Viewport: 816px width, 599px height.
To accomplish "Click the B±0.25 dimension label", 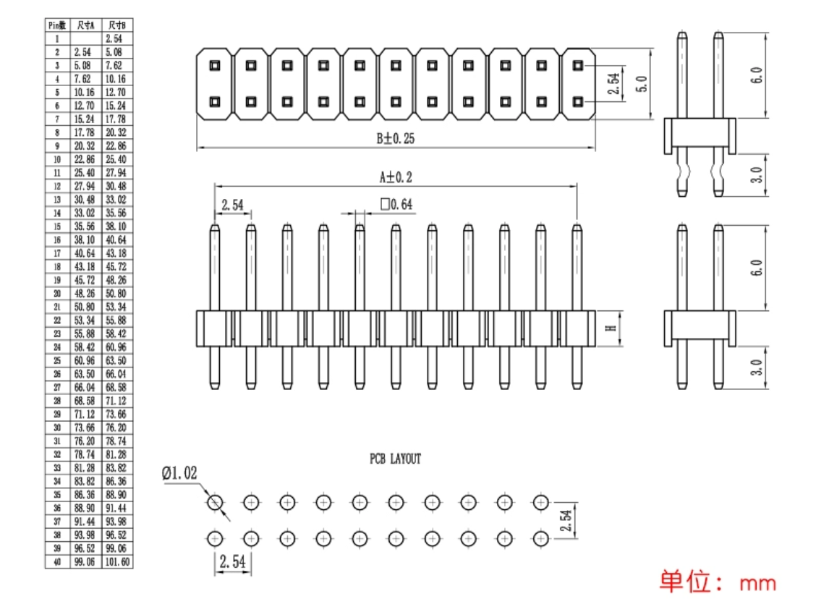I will pyautogui.click(x=394, y=139).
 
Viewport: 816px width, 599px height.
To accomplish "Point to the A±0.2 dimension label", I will pyautogui.click(x=396, y=177).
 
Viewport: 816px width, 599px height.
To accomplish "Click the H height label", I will pyautogui.click(x=611, y=328).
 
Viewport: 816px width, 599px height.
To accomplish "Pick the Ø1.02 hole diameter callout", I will pyautogui.click(x=179, y=473).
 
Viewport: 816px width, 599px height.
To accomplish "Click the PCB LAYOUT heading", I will pyautogui.click(x=395, y=459).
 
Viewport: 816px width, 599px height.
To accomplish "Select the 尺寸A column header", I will pyautogui.click(x=85, y=25).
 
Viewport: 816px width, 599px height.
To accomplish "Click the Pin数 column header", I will pyautogui.click(x=57, y=25).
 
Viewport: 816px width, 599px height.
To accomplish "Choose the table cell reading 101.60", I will pyautogui.click(x=116, y=561).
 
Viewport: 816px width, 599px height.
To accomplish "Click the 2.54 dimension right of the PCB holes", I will pyautogui.click(x=568, y=520).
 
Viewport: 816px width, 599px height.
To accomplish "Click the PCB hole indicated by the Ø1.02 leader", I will pyautogui.click(x=215, y=502).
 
